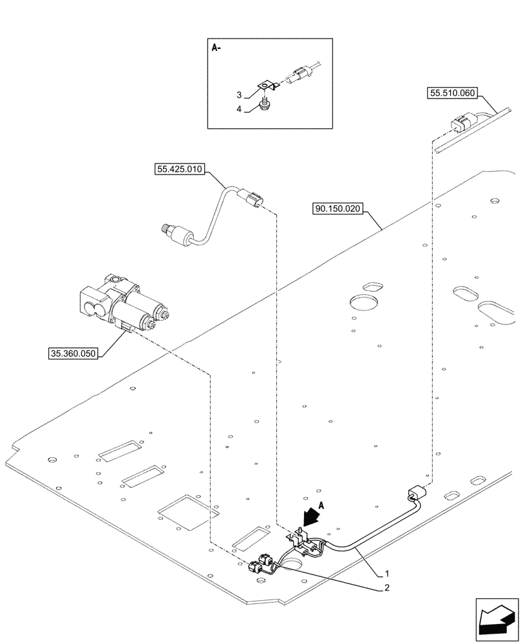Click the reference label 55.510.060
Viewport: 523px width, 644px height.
click(452, 93)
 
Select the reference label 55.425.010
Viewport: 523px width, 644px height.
click(180, 169)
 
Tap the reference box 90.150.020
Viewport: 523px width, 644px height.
click(338, 209)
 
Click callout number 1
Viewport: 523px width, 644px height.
click(386, 573)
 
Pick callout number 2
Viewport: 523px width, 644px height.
click(386, 588)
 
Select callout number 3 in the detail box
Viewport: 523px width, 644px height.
click(239, 95)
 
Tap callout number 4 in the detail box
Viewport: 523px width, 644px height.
click(239, 109)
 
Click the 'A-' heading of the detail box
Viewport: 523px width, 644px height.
click(216, 48)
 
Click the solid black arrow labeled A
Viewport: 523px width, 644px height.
click(310, 516)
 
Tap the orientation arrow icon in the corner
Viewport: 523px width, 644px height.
click(497, 621)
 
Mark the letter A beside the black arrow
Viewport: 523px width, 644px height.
click(321, 506)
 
